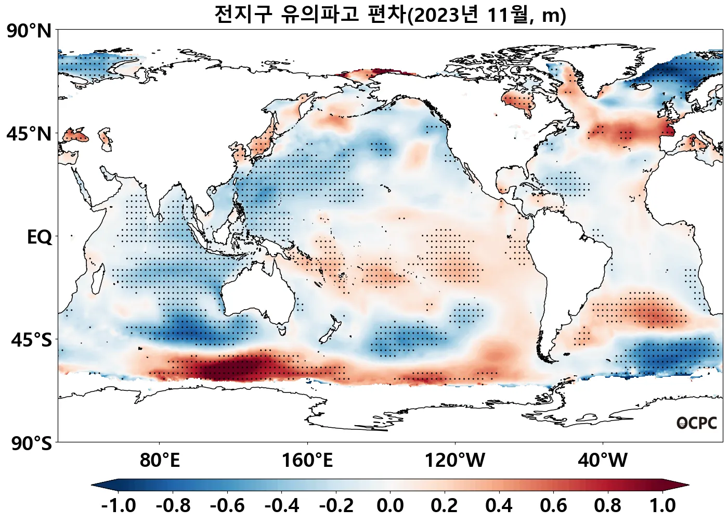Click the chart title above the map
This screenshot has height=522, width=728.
[x=390, y=15]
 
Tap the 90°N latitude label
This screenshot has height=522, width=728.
[x=29, y=31]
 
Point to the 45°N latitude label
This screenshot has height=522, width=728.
[x=29, y=134]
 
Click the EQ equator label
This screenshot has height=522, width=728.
[x=40, y=237]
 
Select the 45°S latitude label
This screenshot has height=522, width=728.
[x=31, y=340]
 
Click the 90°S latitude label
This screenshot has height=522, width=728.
[x=31, y=444]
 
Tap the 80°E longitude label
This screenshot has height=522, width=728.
[x=160, y=460]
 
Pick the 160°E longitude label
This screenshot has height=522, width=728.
[x=307, y=460]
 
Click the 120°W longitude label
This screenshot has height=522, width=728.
[x=455, y=460]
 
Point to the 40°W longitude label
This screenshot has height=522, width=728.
[x=603, y=460]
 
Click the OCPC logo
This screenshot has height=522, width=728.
[x=697, y=423]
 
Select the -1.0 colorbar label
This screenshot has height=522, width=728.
[x=119, y=505]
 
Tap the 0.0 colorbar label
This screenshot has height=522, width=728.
[x=390, y=505]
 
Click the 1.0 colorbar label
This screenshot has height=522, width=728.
[x=662, y=505]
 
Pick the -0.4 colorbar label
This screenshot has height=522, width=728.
[x=282, y=505]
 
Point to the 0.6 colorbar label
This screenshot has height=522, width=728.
[x=553, y=505]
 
